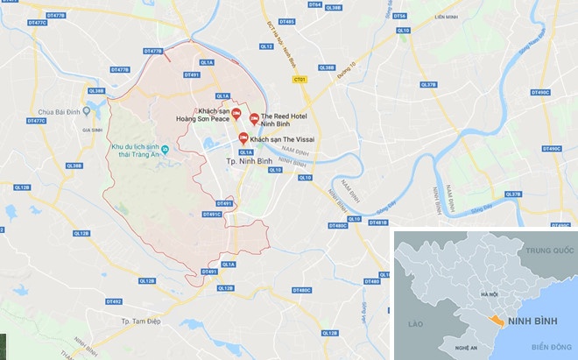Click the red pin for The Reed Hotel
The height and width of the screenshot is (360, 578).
click(254, 118)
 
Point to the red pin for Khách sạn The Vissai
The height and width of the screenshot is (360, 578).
click(243, 137)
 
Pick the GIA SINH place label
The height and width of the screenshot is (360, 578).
click(93, 130)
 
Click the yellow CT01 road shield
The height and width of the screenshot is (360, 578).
click(300, 79)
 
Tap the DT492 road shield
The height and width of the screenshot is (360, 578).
click(113, 301)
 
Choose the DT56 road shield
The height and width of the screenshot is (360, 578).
click(400, 16)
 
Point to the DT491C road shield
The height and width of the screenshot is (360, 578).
click(212, 215)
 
